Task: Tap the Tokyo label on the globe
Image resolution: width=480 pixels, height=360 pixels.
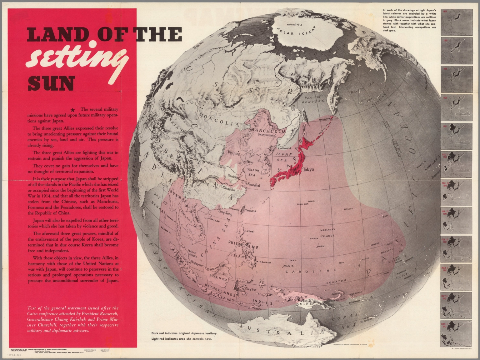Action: [308, 170]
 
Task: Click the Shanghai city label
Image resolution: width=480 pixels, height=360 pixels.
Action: [253, 185]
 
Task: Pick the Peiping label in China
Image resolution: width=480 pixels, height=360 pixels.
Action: [234, 153]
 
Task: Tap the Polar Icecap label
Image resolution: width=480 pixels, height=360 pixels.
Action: [296, 30]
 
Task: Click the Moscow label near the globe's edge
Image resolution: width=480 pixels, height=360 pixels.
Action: [198, 46]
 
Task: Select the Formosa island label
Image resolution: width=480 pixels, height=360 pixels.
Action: [250, 211]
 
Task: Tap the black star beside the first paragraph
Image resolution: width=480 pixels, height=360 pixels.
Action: [73, 110]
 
